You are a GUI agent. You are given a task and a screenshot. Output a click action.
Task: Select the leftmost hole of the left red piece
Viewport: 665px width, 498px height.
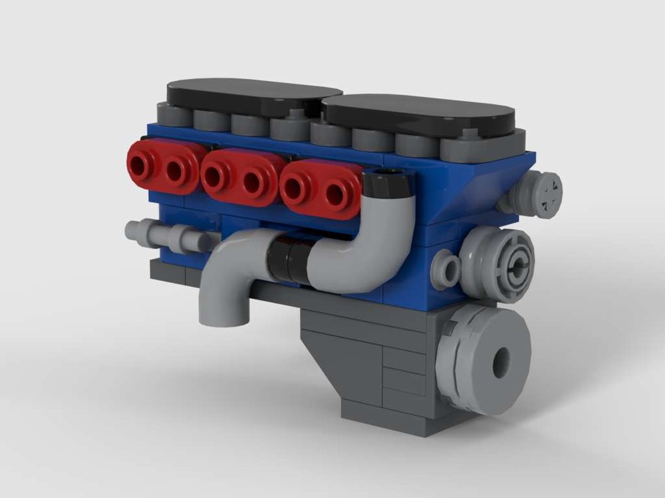pos(140,163)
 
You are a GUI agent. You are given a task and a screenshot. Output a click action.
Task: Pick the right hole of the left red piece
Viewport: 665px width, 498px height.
pos(175,171)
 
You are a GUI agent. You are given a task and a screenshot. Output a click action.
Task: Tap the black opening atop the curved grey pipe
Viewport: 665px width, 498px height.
pos(386,177)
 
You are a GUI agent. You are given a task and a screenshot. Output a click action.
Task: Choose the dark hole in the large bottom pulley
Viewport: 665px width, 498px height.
pos(501,362)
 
